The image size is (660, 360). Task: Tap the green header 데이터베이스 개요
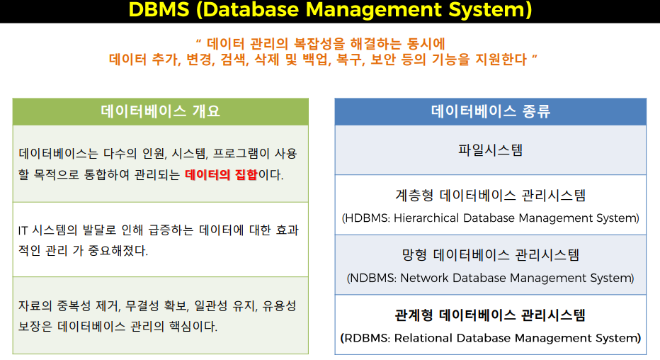click(x=161, y=111)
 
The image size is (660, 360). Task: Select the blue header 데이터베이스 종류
click(x=490, y=111)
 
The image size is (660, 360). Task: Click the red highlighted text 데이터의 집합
click(x=220, y=174)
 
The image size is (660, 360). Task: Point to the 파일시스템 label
click(x=490, y=150)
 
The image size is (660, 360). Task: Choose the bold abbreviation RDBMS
click(x=365, y=338)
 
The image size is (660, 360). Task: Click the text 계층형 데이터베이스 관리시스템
click(x=490, y=196)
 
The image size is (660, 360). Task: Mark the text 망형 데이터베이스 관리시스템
click(x=490, y=255)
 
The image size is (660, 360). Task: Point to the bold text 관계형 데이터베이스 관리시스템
click(x=490, y=315)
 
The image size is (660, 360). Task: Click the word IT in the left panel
click(x=23, y=230)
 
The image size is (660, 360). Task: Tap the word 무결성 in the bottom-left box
click(x=144, y=306)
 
